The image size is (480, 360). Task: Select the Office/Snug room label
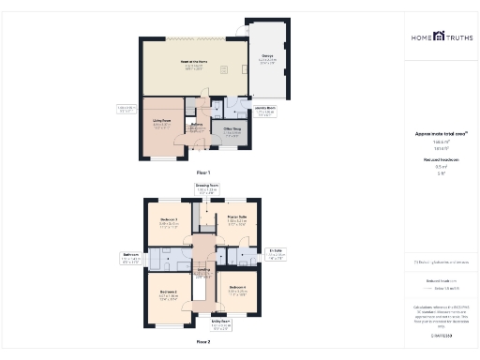click(232, 131)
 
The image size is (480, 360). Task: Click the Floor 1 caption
click(202, 172)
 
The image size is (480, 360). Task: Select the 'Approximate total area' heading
click(440, 134)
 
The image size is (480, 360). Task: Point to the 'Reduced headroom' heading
click(440, 160)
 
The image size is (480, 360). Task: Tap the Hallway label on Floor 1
click(198, 126)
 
